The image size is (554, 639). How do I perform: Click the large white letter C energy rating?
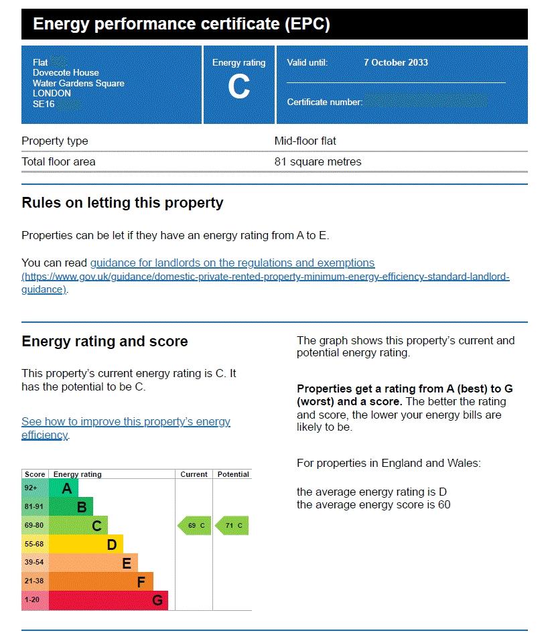tap(239, 87)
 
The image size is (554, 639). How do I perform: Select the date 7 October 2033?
tap(395, 62)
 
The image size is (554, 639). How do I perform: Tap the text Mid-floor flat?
tap(305, 141)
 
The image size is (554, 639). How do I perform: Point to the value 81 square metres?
tap(318, 161)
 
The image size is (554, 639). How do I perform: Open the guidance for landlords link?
tap(232, 263)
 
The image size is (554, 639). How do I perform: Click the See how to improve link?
tap(126, 422)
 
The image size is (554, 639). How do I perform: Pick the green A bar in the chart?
tap(64, 488)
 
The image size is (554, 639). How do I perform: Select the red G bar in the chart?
tap(109, 600)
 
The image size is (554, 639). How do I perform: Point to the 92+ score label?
tap(31, 488)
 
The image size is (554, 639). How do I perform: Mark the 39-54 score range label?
tap(33, 563)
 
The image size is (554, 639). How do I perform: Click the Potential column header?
tap(233, 474)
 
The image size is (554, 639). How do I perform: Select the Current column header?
tap(194, 474)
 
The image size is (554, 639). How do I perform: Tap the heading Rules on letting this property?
tap(123, 203)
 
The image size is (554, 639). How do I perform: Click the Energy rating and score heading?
tap(105, 342)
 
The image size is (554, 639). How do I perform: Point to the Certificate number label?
tap(324, 102)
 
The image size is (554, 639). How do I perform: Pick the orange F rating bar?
tap(101, 581)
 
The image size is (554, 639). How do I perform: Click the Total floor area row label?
tap(58, 161)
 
